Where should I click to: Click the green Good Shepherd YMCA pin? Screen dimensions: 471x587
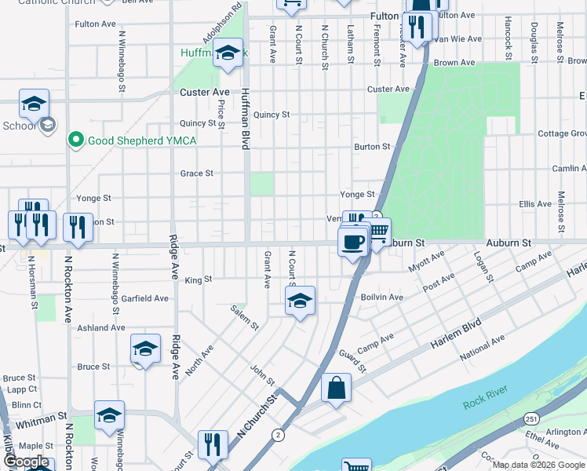pos(76,141)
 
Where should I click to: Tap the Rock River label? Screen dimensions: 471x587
pos(485,403)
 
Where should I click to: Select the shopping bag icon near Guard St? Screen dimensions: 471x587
pos(336,388)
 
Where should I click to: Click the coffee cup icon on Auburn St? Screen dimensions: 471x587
pos(353,240)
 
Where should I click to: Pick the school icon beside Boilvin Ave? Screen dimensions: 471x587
pos(300,301)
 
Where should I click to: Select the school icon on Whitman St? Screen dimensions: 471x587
pos(110,415)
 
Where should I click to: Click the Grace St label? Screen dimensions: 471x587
pos(197,173)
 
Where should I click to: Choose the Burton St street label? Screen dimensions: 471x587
pos(372,147)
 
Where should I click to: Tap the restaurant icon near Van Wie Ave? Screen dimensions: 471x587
pos(417,27)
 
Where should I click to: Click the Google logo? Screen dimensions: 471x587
pos(27,462)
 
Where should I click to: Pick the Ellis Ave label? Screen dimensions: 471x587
pos(536,204)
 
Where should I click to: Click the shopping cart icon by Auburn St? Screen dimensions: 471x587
pos(378,232)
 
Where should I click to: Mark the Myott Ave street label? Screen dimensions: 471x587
pos(425,262)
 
